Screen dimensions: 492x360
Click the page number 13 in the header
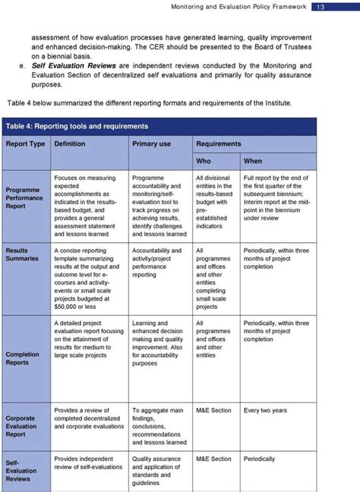tap(341, 7)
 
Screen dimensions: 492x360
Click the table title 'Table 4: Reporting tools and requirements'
tap(77, 126)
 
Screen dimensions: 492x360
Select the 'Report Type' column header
tap(26, 143)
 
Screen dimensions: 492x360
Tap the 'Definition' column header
tap(70, 143)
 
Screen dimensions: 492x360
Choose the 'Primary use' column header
tap(151, 143)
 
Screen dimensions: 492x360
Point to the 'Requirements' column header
tap(219, 143)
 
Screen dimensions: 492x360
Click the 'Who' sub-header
tap(204, 161)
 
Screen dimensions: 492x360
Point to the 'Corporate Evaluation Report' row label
tap(22, 427)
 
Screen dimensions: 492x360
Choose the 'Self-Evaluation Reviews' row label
tap(19, 469)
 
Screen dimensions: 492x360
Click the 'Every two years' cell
tap(265, 411)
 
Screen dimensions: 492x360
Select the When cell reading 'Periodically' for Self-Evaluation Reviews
tap(259, 459)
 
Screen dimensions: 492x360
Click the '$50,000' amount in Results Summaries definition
tap(68, 306)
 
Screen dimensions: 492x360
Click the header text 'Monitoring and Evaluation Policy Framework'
tap(238, 7)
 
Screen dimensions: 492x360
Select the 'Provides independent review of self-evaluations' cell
tap(89, 463)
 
